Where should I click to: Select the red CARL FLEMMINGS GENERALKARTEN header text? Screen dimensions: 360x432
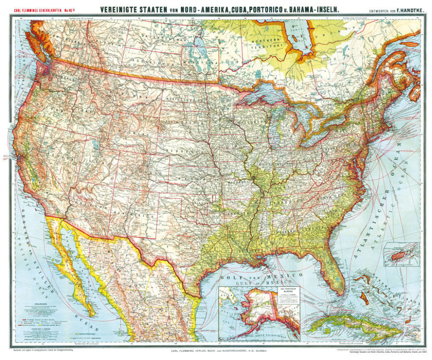[38, 9]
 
